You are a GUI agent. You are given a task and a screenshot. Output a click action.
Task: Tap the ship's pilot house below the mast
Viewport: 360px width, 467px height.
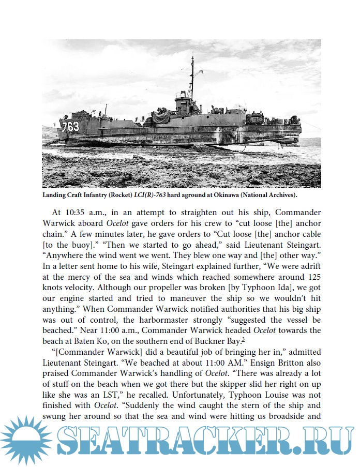pyautogui.click(x=185, y=102)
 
